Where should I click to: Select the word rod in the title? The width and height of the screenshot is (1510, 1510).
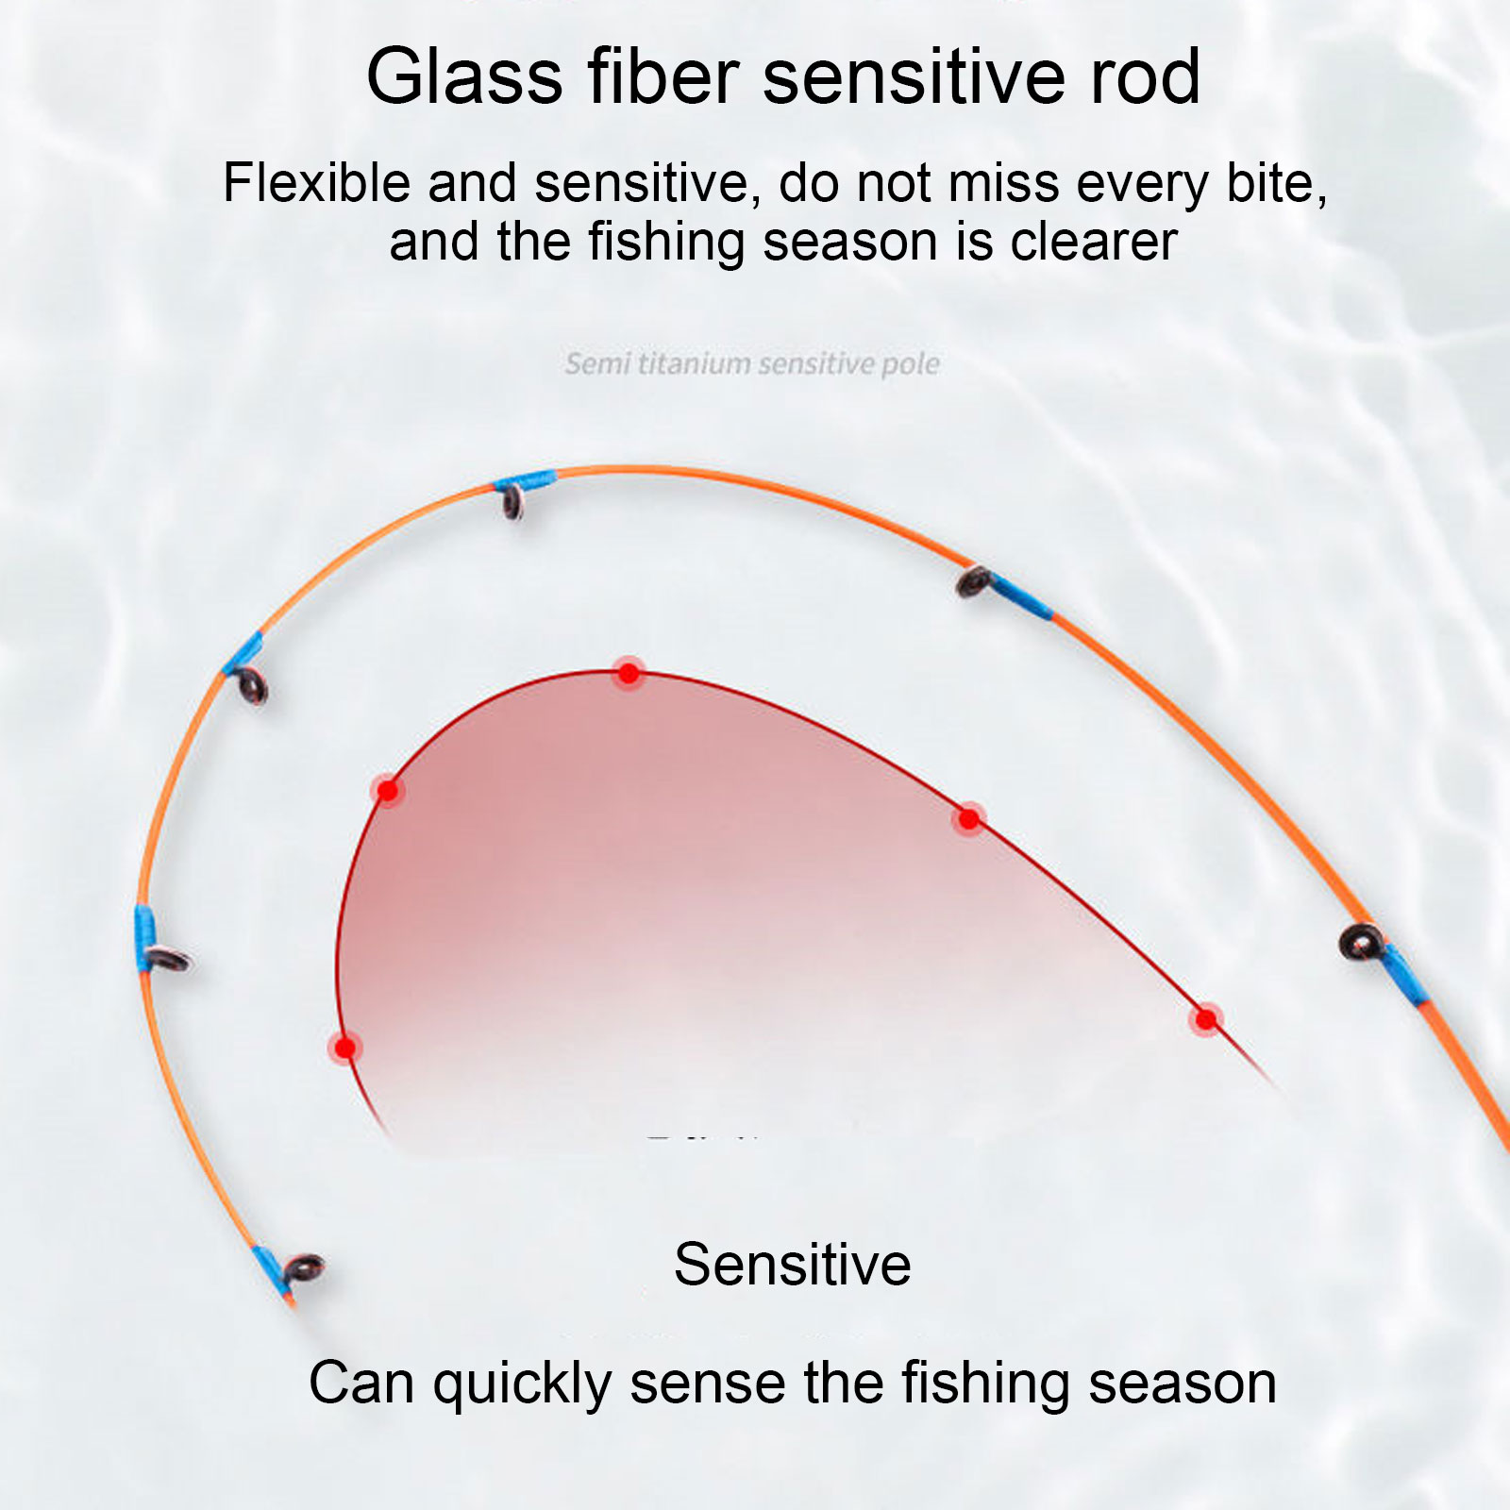click(1145, 77)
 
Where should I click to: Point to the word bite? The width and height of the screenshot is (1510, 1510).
click(1275, 182)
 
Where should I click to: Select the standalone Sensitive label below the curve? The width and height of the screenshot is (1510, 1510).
click(793, 1264)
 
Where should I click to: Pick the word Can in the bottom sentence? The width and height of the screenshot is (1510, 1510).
click(362, 1384)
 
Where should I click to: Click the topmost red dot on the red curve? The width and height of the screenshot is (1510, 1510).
click(629, 673)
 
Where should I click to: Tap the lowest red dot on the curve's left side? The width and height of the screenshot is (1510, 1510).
click(345, 1048)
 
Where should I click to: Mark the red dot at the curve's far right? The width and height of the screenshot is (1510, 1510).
click(1206, 1019)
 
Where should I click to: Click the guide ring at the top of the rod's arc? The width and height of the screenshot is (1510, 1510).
click(512, 502)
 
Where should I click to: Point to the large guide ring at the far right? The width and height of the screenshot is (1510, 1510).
click(1362, 941)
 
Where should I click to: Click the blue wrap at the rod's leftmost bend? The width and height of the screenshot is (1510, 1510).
click(143, 938)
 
